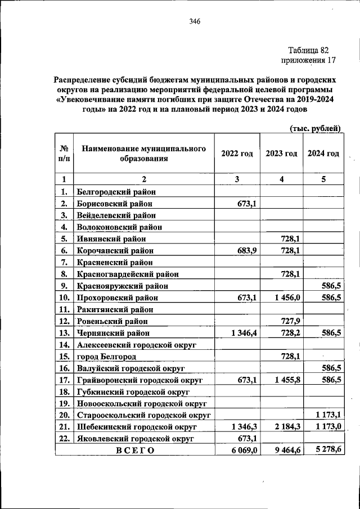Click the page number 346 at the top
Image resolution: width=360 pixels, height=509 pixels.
195,22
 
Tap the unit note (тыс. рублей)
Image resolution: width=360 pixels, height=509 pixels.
315,128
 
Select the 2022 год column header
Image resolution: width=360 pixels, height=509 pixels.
237,154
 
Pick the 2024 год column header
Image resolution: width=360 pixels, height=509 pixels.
323,154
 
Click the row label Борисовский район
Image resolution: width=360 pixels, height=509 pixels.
114,204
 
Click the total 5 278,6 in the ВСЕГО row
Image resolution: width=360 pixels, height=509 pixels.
327,450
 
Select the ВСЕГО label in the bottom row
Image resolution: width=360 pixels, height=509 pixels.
135,451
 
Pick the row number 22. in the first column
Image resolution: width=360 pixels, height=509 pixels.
64,439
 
